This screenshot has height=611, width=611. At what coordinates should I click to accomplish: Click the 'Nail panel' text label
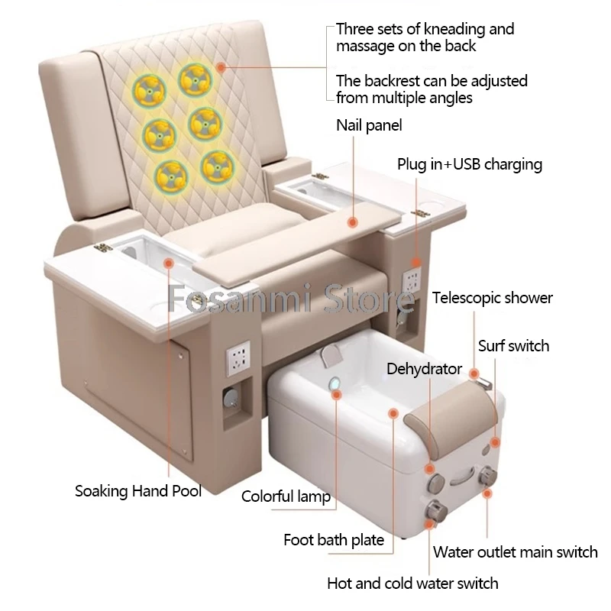(x=368, y=125)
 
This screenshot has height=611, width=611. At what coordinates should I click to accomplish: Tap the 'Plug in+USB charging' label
(x=469, y=164)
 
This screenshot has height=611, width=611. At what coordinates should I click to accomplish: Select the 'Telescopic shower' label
(x=492, y=298)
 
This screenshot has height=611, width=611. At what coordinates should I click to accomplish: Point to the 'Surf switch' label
(x=513, y=346)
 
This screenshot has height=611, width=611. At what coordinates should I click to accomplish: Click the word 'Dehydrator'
(x=424, y=370)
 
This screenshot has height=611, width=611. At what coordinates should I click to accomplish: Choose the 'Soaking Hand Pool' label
(x=138, y=491)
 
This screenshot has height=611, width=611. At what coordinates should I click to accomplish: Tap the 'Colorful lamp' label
(x=286, y=497)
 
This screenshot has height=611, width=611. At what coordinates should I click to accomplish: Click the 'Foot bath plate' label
(x=334, y=541)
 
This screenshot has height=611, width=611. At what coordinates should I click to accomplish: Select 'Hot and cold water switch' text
(x=412, y=584)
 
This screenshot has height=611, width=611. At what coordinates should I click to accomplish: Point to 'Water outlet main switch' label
(x=515, y=551)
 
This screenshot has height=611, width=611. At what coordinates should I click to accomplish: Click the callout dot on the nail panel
(x=352, y=222)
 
